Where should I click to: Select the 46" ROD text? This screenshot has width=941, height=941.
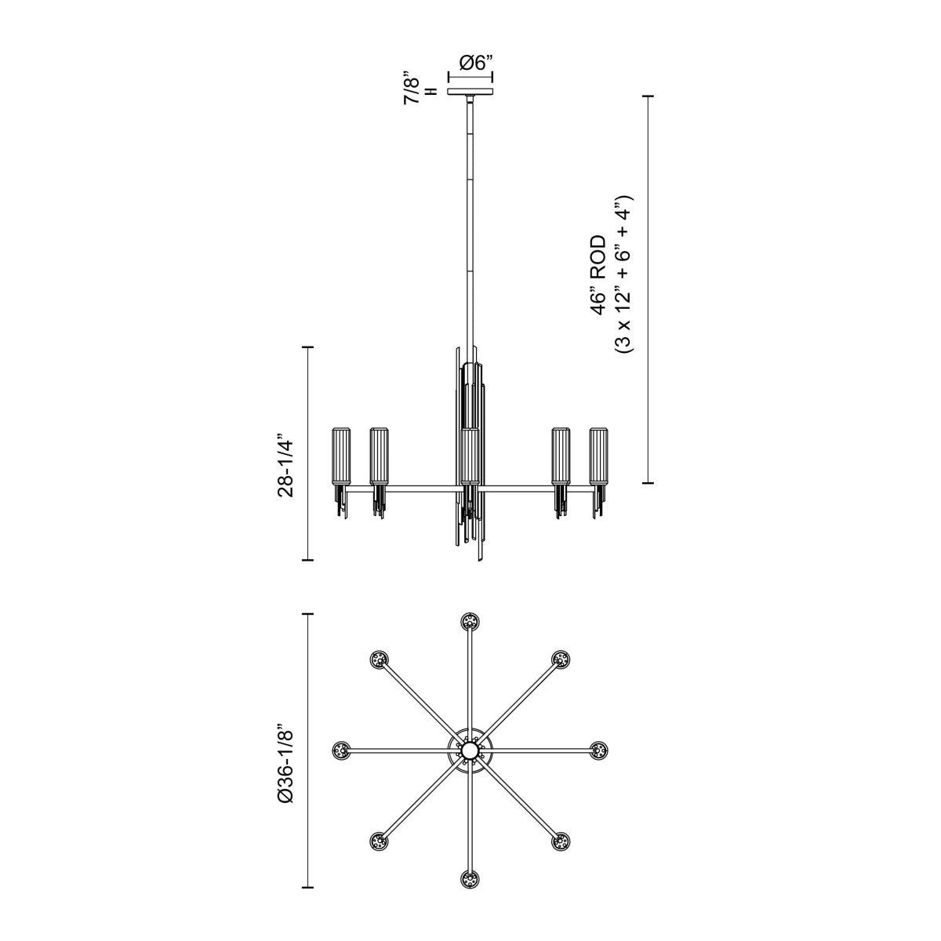click(x=598, y=274)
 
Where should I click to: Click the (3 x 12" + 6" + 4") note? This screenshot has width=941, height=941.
click(x=624, y=274)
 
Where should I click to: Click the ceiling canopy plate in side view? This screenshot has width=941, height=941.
click(x=470, y=92)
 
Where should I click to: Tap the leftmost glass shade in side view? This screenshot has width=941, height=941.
click(x=341, y=456)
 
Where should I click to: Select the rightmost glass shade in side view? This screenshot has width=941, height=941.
click(x=599, y=456)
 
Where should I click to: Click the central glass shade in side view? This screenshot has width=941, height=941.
click(x=470, y=456)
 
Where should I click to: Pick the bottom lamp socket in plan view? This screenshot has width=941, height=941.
click(x=470, y=878)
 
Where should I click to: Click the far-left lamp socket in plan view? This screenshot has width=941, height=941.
click(x=341, y=750)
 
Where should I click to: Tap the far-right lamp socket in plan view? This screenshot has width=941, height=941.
click(x=599, y=750)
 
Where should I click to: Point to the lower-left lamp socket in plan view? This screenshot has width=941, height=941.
click(x=380, y=841)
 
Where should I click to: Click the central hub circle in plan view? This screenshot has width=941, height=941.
click(x=470, y=751)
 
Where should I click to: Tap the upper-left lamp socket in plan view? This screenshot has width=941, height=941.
click(x=380, y=659)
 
